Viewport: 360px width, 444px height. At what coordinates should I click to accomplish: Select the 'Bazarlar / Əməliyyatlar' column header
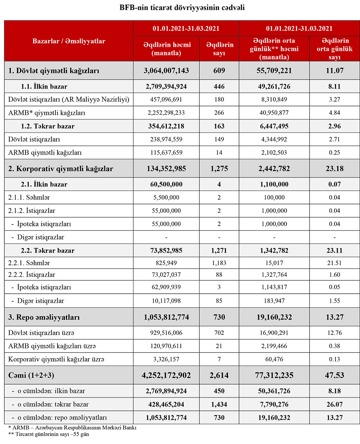[69, 41]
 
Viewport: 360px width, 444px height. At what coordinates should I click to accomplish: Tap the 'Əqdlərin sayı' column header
[220, 49]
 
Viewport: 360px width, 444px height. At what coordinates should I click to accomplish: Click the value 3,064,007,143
[166, 71]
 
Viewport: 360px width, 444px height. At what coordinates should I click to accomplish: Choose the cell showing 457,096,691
[166, 99]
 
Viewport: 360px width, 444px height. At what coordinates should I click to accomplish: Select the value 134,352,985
[166, 169]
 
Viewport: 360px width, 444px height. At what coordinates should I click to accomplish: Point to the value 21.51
[334, 263]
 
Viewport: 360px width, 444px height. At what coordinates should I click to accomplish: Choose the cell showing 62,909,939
[166, 287]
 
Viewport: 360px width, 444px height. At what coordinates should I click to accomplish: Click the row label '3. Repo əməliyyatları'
[44, 318]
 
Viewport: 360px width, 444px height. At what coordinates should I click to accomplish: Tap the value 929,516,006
[166, 333]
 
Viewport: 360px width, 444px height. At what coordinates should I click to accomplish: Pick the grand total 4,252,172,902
[166, 375]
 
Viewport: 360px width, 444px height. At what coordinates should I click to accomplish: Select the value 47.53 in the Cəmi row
[334, 375]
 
